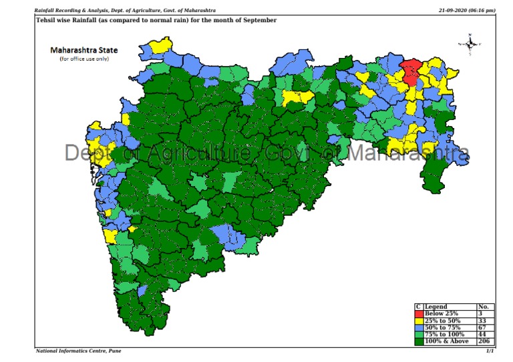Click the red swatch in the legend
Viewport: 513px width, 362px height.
tap(419, 313)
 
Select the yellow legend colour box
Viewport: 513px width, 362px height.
tap(419, 320)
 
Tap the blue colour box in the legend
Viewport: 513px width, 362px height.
tap(419, 327)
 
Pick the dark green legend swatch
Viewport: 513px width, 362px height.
tap(419, 341)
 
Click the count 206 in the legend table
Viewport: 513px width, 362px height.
tap(484, 341)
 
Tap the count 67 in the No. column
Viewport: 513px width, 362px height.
tap(482, 327)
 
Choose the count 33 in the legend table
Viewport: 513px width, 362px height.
tap(482, 320)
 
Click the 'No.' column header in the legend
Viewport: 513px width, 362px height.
tap(483, 307)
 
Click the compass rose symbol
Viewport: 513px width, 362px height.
tap(470, 44)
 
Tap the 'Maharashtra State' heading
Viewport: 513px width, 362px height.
tap(84, 50)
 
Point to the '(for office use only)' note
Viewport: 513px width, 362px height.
tap(84, 59)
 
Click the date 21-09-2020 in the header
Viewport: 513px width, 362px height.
tap(454, 11)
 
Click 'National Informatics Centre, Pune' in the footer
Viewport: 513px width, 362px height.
tap(78, 351)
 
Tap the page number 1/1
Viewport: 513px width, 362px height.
tap(490, 351)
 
